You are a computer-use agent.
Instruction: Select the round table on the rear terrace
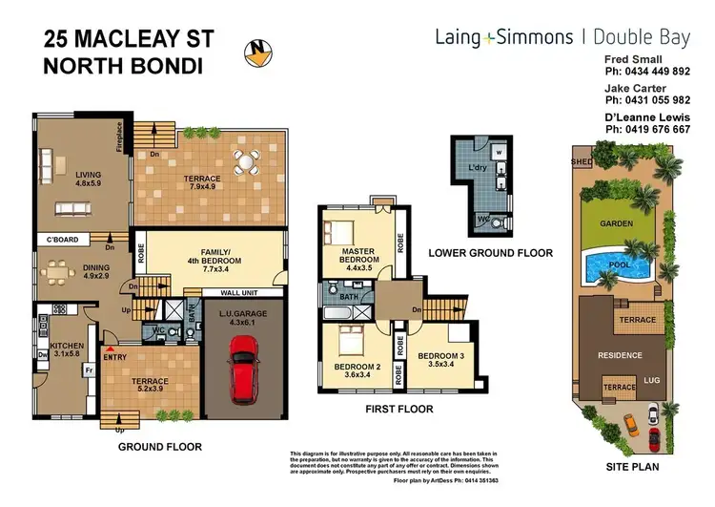coord(246,163)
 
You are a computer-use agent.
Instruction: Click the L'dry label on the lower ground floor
coord(478,168)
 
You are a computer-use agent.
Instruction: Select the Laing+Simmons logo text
coord(502,37)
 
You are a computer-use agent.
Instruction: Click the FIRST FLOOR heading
coord(399,409)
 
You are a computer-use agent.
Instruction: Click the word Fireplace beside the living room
coord(120,137)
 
